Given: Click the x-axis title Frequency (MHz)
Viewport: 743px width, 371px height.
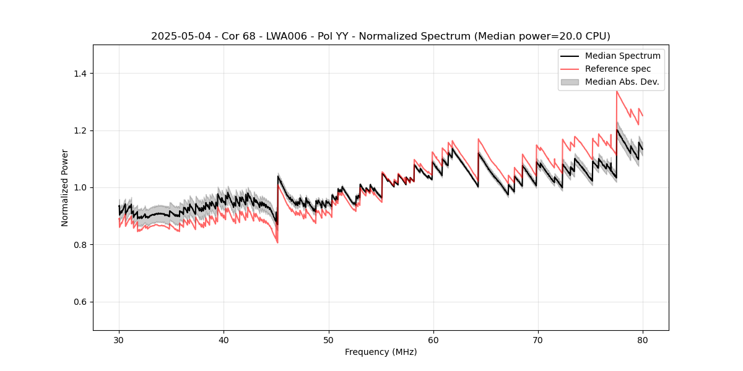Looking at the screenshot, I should [381, 352].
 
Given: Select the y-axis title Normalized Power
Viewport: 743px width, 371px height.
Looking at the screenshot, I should [65, 187].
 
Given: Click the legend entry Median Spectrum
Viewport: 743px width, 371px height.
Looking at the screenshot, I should [622, 56].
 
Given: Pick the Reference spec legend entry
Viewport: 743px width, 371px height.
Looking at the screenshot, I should [618, 69].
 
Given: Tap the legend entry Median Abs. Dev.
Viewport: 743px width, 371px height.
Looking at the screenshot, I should [622, 82].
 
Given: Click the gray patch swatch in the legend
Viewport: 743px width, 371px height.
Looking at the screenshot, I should [570, 82].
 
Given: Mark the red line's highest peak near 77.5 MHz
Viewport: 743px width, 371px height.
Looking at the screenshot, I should [617, 92].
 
